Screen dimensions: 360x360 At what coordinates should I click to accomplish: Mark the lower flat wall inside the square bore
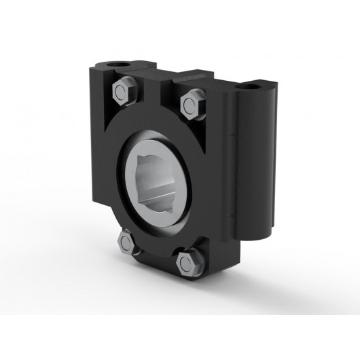point(163,202)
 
